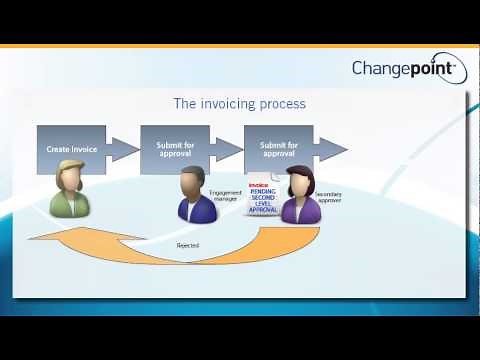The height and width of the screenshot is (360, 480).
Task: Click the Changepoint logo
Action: pyautogui.click(x=403, y=68)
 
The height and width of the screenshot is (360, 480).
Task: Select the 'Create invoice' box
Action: pyautogui.click(x=71, y=149)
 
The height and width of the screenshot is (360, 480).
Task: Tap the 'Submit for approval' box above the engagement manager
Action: pyautogui.click(x=175, y=149)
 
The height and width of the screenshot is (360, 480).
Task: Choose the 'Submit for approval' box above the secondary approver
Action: pyautogui.click(x=278, y=149)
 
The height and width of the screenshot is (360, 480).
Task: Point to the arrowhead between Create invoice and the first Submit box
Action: pyautogui.click(x=124, y=149)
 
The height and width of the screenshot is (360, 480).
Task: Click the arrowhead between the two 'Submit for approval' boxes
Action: pyautogui.click(x=229, y=149)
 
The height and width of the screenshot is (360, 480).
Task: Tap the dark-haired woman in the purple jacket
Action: pyautogui.click(x=300, y=198)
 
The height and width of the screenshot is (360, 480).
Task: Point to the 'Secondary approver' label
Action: pyautogui.click(x=331, y=197)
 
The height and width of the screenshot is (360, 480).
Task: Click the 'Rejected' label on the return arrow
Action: pyautogui.click(x=187, y=244)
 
